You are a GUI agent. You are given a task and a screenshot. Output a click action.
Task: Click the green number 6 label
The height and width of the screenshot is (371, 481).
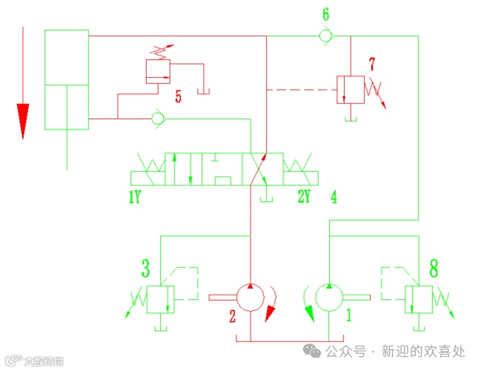click(x=326, y=14)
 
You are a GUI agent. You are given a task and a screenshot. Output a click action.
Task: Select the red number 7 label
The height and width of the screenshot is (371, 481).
click(x=374, y=63)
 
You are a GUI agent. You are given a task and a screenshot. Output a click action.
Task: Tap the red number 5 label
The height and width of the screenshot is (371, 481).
click(x=178, y=96)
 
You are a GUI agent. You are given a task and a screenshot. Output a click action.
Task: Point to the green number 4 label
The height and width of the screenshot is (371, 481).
click(x=334, y=197)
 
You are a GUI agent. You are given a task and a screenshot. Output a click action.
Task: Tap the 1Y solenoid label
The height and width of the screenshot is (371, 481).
click(x=134, y=197)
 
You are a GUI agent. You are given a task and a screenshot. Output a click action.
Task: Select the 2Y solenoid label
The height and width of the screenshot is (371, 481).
click(x=305, y=197)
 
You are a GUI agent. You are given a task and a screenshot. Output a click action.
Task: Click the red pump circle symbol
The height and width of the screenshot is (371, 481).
click(x=251, y=297)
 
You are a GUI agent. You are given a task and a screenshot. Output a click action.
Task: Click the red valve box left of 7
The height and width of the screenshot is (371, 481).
click(x=348, y=88)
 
